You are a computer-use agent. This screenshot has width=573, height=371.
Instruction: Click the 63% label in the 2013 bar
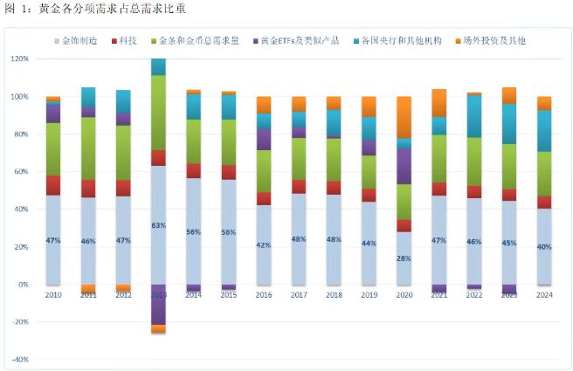point(157,225)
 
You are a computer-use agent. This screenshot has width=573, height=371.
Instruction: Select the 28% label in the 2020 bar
point(403,258)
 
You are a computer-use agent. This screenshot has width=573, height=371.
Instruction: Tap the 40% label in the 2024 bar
point(544,247)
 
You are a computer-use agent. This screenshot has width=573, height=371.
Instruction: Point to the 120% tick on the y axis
point(19,59)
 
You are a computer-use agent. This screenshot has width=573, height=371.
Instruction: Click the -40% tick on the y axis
point(19,360)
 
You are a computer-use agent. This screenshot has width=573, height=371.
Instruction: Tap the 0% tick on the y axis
point(24,285)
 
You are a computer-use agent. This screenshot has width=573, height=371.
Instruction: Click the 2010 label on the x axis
point(54,295)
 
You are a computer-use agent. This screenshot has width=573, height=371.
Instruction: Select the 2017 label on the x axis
point(299,295)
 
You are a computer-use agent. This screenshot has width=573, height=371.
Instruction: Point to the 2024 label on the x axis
point(544,295)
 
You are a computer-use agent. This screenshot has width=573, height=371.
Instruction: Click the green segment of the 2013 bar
point(158,113)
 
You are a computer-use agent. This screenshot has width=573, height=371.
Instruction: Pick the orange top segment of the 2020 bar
point(403,117)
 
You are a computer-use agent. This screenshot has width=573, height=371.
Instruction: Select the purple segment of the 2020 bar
point(403,166)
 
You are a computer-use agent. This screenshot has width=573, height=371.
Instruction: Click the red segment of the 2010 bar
point(54,185)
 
